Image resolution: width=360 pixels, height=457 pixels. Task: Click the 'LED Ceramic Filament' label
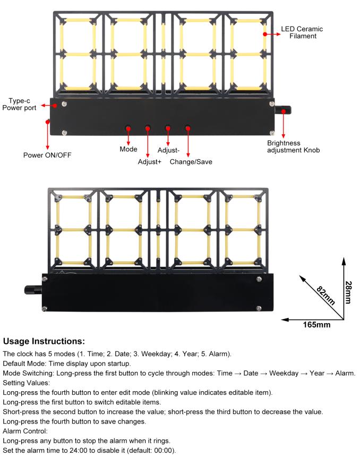(x=302, y=32)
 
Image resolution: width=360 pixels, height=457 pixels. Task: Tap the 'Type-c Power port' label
(x=19, y=104)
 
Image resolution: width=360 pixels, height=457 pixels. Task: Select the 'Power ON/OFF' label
(x=47, y=155)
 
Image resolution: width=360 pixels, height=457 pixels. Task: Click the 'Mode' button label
(x=128, y=149)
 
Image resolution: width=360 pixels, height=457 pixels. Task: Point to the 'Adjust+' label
(x=150, y=162)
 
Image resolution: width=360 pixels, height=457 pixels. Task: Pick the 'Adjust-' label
(x=168, y=150)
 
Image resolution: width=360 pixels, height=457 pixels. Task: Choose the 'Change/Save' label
(x=191, y=162)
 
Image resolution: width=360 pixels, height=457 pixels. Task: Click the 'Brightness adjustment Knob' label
(x=294, y=146)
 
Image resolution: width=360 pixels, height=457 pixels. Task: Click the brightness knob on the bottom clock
(x=33, y=290)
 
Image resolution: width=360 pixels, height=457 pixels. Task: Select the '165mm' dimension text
(x=316, y=325)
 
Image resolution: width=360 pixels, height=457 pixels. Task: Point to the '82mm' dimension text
(x=326, y=295)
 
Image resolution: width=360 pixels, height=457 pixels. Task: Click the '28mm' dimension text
(x=348, y=292)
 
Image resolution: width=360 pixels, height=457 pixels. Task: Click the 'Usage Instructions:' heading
(x=44, y=341)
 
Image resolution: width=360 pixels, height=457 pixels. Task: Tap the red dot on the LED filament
(x=265, y=34)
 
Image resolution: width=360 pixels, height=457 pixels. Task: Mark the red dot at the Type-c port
(x=55, y=106)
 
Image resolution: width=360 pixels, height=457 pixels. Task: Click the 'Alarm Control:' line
(x=25, y=431)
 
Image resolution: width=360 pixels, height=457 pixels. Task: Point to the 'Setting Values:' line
(x=27, y=383)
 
